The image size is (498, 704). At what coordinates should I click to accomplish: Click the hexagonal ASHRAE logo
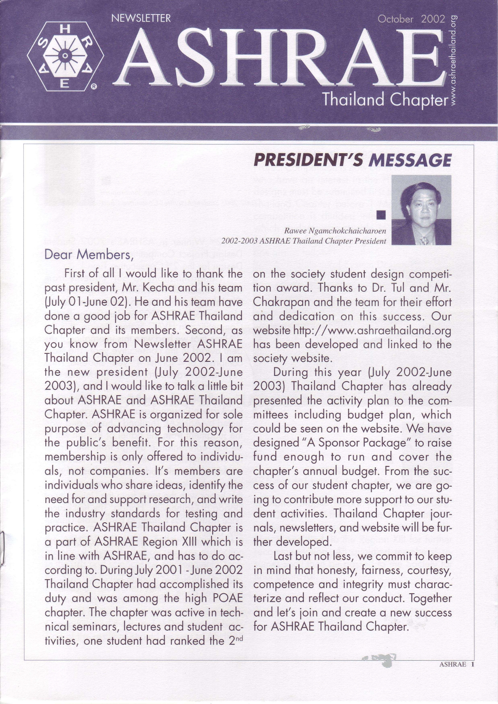[65, 56]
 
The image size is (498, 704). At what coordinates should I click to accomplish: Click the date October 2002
[411, 19]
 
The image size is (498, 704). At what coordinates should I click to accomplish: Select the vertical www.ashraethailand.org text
[454, 60]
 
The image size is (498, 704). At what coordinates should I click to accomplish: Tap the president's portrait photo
[421, 210]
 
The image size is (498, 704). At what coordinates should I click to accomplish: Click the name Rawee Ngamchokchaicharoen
[335, 231]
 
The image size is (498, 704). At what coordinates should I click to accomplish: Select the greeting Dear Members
[88, 255]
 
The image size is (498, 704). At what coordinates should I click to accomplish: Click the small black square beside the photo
[381, 215]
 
